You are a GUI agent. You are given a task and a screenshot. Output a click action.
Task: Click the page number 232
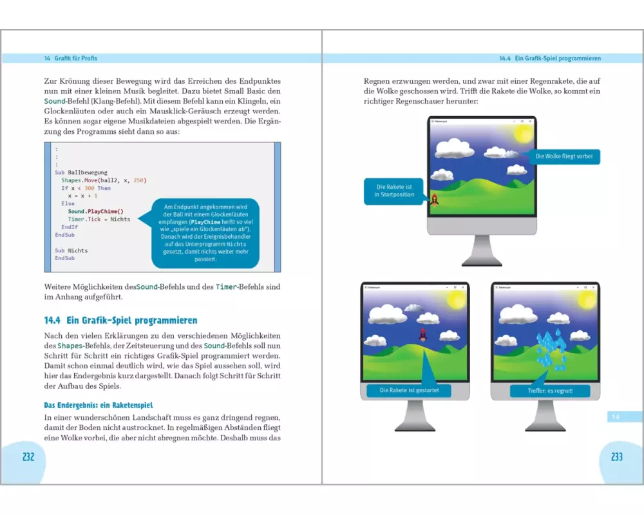(x=28, y=456)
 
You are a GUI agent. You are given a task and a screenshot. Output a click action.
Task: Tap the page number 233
(x=616, y=456)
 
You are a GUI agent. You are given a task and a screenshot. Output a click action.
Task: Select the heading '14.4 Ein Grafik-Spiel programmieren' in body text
(x=120, y=320)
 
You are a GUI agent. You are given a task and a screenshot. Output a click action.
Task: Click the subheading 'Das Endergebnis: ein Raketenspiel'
(x=98, y=406)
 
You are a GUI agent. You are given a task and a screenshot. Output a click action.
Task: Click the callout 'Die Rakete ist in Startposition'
(x=395, y=191)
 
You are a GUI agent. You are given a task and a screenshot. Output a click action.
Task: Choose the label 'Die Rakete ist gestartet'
(x=409, y=390)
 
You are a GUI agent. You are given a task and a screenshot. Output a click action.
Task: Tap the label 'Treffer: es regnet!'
(x=542, y=390)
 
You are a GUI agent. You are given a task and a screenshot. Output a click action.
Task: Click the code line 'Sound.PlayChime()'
(x=95, y=211)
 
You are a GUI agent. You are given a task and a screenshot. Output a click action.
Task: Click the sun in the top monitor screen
(x=522, y=134)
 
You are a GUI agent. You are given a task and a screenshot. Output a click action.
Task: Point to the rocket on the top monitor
(x=435, y=200)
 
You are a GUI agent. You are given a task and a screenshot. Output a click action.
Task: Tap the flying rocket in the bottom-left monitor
(x=423, y=334)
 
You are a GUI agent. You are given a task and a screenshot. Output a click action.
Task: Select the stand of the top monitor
(x=482, y=250)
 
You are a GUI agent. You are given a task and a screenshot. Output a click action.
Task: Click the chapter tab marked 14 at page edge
(x=616, y=417)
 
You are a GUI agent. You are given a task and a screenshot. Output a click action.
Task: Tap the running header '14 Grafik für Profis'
(x=71, y=58)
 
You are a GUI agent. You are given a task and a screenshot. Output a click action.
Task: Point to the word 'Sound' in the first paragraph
(x=54, y=102)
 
